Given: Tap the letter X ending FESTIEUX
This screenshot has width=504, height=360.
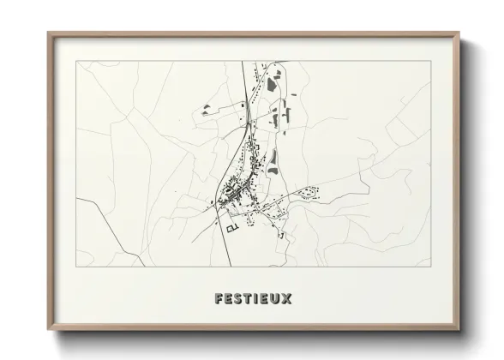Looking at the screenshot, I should click(288, 299).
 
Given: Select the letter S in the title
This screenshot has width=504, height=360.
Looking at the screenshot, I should click(236, 299).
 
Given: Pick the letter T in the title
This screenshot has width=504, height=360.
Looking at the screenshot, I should click(246, 299).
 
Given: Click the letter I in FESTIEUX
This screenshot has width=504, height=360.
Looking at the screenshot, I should click(255, 299).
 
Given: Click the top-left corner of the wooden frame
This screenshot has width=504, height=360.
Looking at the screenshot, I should click(48, 33).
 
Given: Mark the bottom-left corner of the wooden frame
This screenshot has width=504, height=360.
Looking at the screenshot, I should click(48, 332).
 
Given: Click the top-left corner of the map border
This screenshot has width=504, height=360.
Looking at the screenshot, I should click(76, 61).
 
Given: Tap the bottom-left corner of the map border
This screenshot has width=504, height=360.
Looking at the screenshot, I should click(76, 268).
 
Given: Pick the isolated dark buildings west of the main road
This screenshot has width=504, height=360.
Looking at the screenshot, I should click(207, 108).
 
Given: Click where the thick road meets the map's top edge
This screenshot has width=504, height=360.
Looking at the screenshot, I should click(248, 61).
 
